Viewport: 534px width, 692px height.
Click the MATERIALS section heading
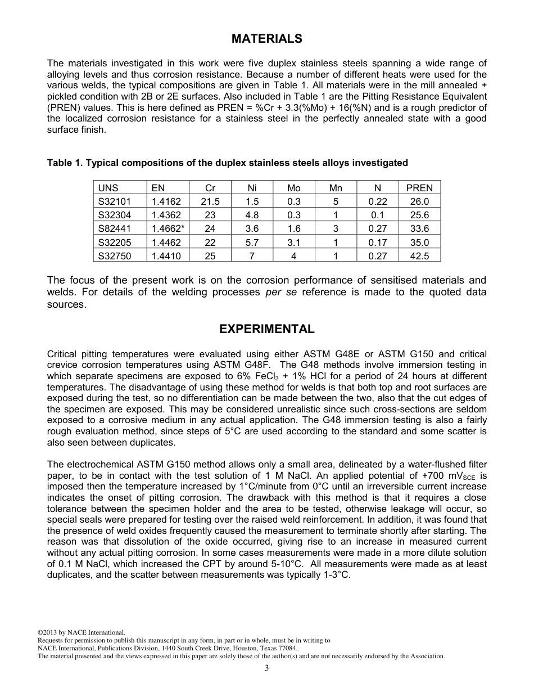[x=266, y=39]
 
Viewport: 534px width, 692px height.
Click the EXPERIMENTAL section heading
[x=266, y=329]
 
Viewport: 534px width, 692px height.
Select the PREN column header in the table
[x=419, y=188]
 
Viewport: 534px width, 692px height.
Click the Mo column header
[x=293, y=188]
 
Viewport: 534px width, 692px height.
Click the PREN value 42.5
[x=419, y=255]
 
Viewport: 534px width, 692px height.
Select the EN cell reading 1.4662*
[x=168, y=228]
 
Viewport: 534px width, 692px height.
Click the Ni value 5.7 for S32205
[x=252, y=242]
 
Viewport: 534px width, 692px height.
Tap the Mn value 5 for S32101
[x=336, y=201]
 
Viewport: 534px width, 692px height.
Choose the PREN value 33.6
[x=419, y=228]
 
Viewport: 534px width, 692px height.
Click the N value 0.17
[x=377, y=242]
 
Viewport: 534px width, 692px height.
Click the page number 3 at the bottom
[x=266, y=668]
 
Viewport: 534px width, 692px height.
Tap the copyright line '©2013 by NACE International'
[x=81, y=633]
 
